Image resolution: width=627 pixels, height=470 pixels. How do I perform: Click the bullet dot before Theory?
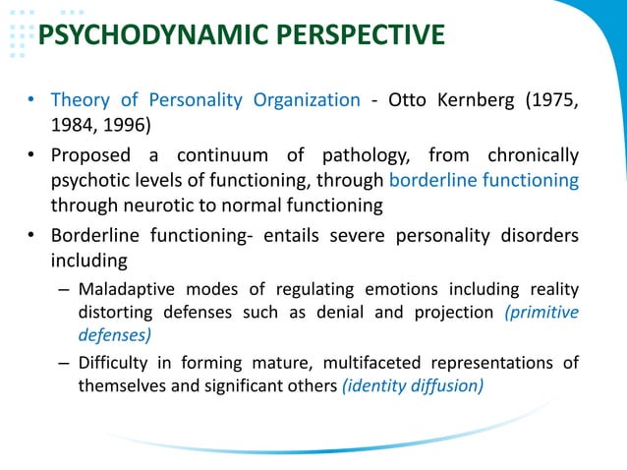click(33, 101)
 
